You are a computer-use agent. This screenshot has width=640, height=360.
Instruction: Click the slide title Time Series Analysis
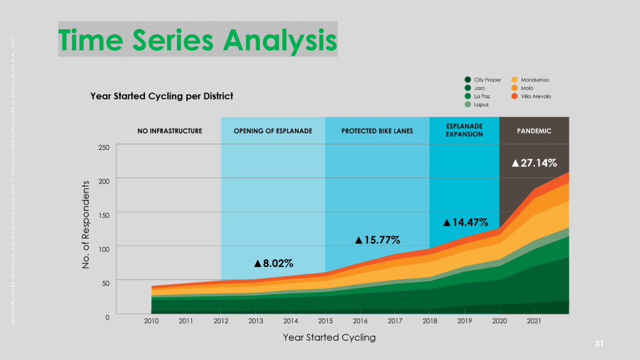(197, 39)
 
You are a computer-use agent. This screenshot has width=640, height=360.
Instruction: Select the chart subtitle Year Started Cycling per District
(161, 96)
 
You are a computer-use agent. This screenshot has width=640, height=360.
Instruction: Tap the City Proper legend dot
(467, 80)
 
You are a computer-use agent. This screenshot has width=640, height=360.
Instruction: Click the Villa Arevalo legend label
(536, 96)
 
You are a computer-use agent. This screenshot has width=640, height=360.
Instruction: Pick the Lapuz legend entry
(481, 104)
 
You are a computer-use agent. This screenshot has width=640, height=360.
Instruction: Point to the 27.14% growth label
(534, 163)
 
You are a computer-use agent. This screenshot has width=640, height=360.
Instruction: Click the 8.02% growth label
(273, 263)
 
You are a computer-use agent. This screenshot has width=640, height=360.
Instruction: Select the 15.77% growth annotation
(377, 240)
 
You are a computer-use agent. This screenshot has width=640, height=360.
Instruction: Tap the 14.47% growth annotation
(465, 222)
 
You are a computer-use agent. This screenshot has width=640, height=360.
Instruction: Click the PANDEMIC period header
(534, 131)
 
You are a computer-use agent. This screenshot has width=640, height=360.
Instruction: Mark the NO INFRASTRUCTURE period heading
(170, 131)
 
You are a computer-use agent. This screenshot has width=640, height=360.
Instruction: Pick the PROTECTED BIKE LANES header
(377, 131)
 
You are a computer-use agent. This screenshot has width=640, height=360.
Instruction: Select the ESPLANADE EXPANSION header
(464, 131)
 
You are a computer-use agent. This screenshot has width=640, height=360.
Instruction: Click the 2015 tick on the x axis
(325, 321)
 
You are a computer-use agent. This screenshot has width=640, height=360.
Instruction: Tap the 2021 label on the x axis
(534, 321)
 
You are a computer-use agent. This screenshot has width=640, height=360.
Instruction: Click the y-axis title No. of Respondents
(86, 226)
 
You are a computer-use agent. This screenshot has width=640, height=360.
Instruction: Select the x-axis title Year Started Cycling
(329, 337)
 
